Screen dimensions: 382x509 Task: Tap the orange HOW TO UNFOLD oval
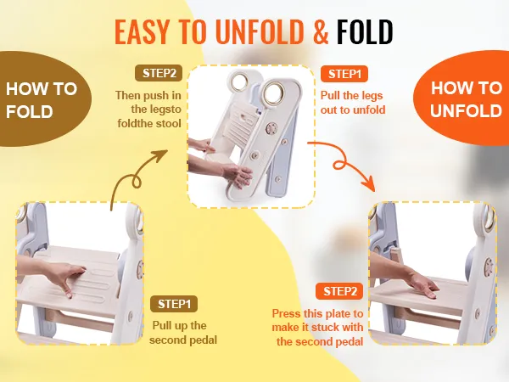pyautogui.click(x=466, y=99)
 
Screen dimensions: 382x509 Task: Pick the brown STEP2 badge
pyautogui.click(x=158, y=74)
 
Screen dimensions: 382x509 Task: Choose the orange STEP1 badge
pyautogui.click(x=344, y=74)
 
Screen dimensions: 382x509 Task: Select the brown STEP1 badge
pyautogui.click(x=175, y=303)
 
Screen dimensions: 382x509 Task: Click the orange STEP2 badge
pyautogui.click(x=340, y=291)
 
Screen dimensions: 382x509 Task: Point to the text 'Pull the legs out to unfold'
pyautogui.click(x=353, y=103)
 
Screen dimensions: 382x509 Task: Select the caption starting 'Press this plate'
pyautogui.click(x=320, y=328)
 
